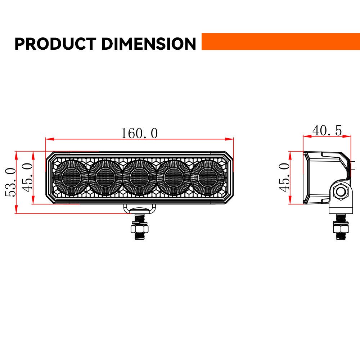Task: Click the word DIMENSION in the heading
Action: coord(148,44)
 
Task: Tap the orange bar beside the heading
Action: coord(280,41)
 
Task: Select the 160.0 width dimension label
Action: coord(139,133)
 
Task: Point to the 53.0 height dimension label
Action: coord(10,182)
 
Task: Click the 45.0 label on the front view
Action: coord(27,177)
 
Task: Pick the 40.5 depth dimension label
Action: coord(327,130)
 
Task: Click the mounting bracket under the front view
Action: coord(140,209)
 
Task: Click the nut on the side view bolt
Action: coord(341,229)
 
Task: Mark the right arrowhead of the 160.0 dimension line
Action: coord(230,139)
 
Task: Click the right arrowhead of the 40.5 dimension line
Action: coord(348,136)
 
